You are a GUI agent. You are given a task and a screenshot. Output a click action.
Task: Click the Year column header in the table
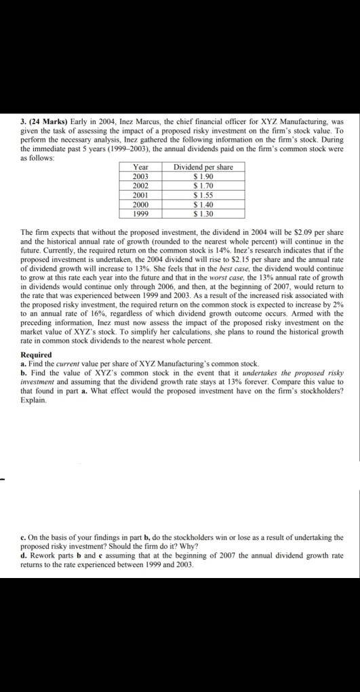142,167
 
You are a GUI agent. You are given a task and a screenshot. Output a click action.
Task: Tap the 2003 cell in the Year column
142,174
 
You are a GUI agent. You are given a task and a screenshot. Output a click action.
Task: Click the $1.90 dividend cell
203,174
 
